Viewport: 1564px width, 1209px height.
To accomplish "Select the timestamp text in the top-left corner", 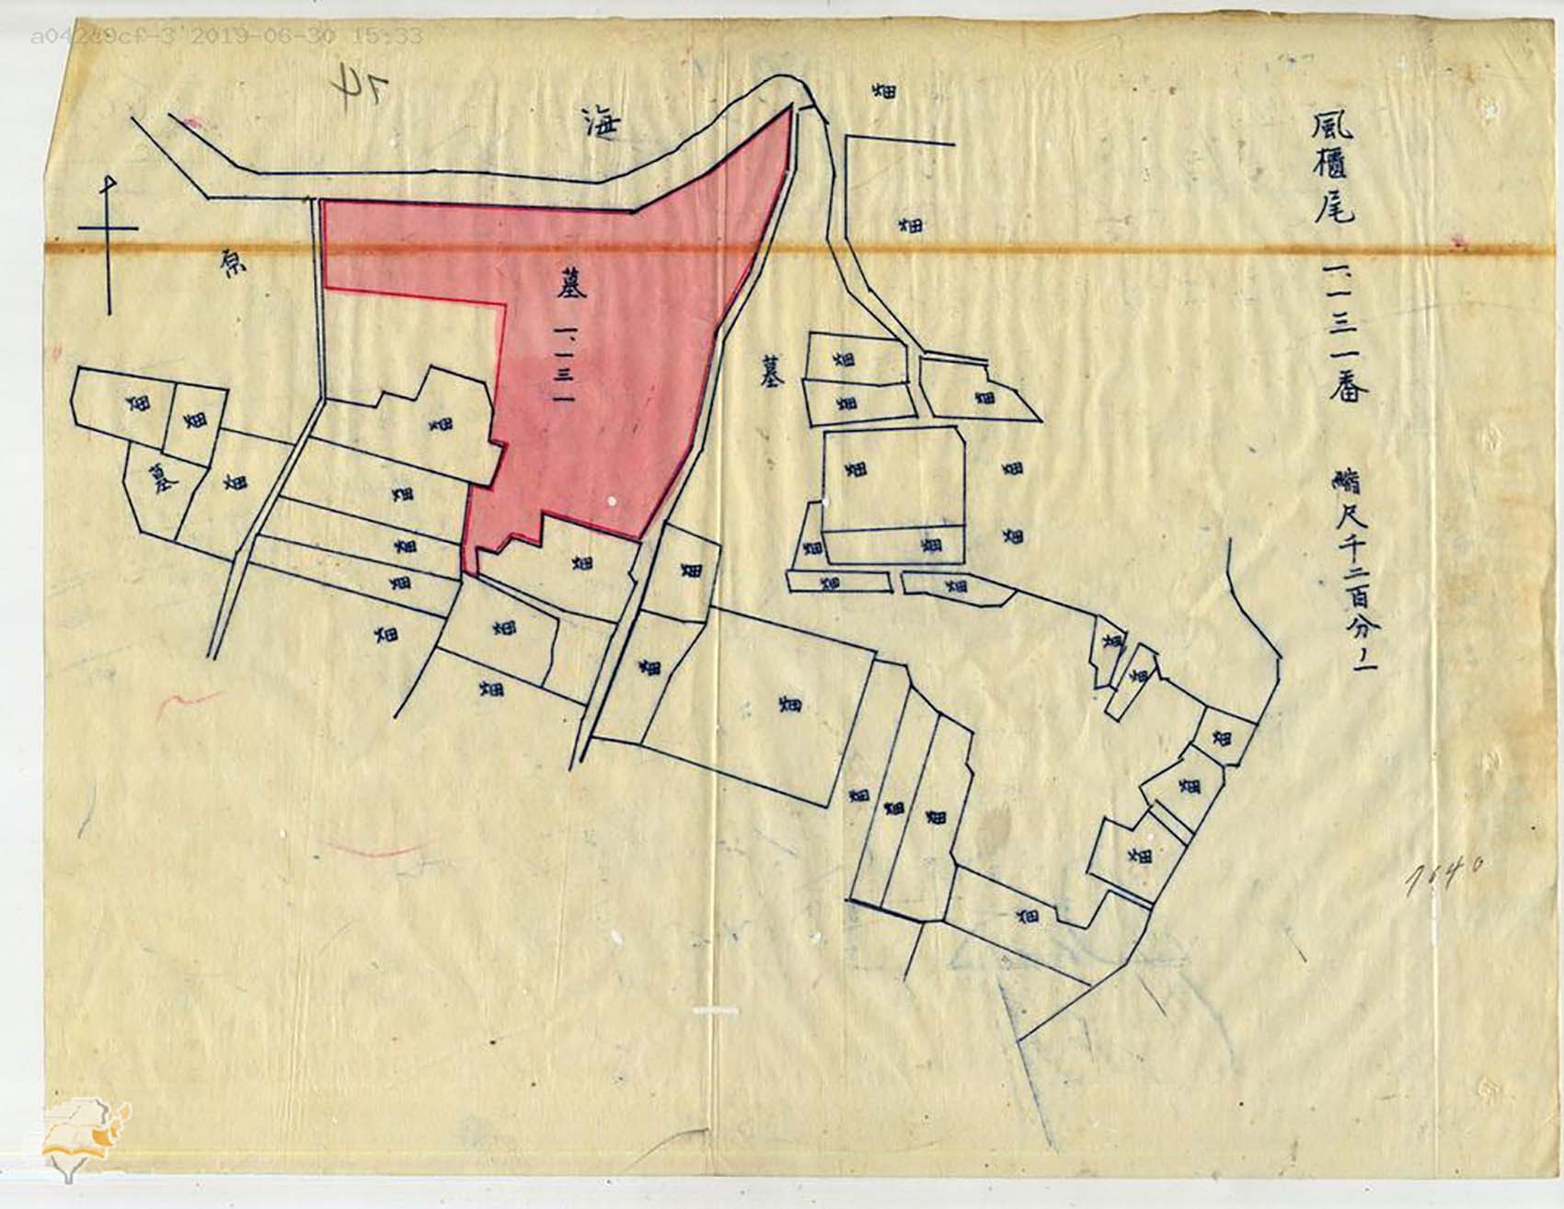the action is tap(226, 37).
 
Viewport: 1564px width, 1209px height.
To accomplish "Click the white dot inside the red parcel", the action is tap(613, 501).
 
